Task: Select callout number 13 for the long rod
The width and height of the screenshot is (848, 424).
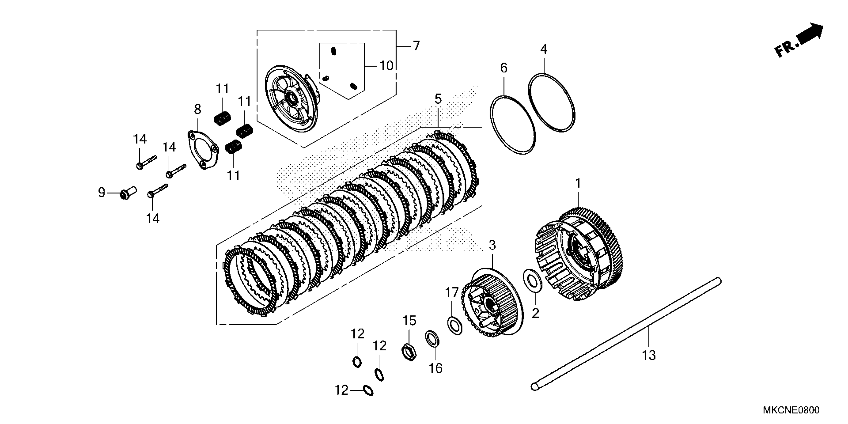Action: (649, 355)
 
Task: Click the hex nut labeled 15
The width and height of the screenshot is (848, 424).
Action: (410, 352)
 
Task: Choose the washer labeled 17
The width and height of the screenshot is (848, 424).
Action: (455, 325)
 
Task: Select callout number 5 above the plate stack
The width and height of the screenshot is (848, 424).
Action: (438, 99)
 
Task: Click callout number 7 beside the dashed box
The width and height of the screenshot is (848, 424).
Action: (417, 46)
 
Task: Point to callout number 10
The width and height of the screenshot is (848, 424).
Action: (387, 66)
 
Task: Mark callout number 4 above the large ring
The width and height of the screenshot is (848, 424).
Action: (543, 49)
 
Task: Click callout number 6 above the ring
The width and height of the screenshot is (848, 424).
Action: (504, 68)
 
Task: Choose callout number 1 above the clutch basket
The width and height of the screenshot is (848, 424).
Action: (578, 183)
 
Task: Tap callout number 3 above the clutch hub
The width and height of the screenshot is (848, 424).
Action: (492, 245)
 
